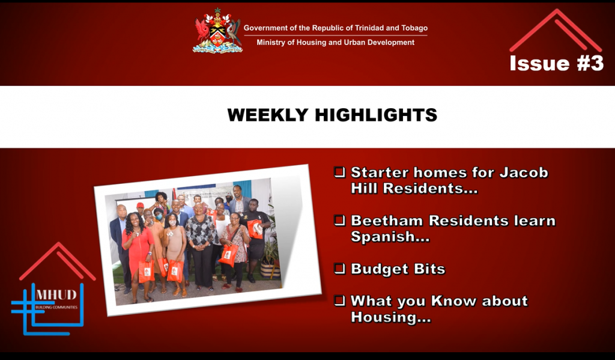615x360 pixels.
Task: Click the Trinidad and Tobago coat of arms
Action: coord(217,31)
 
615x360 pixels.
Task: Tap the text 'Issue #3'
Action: coord(556,63)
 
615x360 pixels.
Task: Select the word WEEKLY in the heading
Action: coord(268,115)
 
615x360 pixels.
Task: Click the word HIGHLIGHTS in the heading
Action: coord(376,115)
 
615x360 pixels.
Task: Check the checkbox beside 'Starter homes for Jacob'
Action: coord(339,172)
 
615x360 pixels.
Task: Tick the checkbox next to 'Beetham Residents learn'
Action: coord(339,220)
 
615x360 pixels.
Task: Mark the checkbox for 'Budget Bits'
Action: coord(339,269)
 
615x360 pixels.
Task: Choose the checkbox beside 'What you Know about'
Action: coord(339,301)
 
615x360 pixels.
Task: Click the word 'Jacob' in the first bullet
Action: coord(524,172)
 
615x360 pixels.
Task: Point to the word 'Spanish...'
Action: coord(390,237)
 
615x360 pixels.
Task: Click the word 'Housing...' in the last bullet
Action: coord(390,317)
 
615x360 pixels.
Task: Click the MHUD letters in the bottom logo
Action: coord(56,295)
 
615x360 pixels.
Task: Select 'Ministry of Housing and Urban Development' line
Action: coord(335,43)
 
